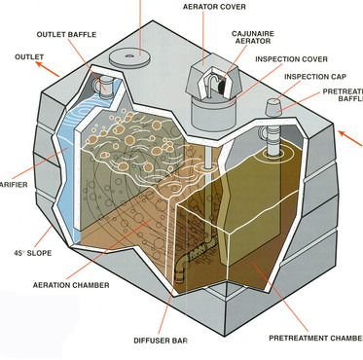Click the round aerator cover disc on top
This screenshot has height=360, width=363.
[134, 57]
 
